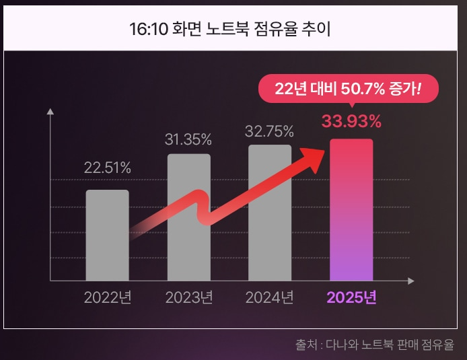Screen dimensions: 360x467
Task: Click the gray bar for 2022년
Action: pos(107,235)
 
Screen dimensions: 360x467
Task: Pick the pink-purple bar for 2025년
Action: pos(351,209)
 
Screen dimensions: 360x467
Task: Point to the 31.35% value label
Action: pos(188,140)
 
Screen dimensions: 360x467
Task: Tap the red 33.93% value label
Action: pos(351,122)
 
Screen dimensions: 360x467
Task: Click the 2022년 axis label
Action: pos(107,297)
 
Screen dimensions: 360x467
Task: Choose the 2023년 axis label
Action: pos(188,297)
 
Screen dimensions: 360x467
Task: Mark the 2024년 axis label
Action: pos(270,297)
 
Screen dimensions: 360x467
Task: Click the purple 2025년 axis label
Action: pos(351,297)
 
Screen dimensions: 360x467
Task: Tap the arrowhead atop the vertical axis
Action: pos(50,112)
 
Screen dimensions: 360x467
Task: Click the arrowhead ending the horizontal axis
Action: pos(410,281)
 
